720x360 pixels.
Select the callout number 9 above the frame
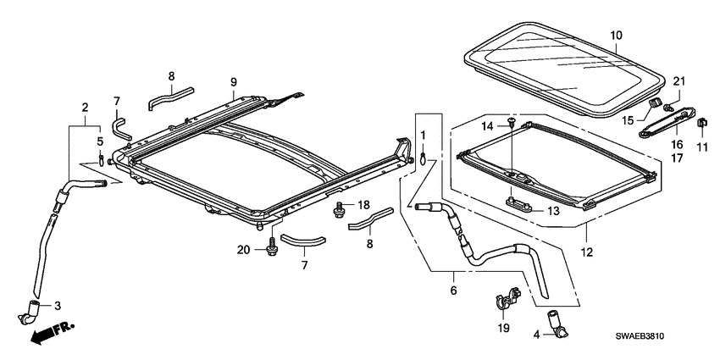pos(231,81)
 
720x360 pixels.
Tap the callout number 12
pos(587,252)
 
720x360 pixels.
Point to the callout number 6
pos(454,291)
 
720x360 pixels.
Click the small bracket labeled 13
pos(515,202)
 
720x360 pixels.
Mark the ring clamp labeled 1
pos(423,155)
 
